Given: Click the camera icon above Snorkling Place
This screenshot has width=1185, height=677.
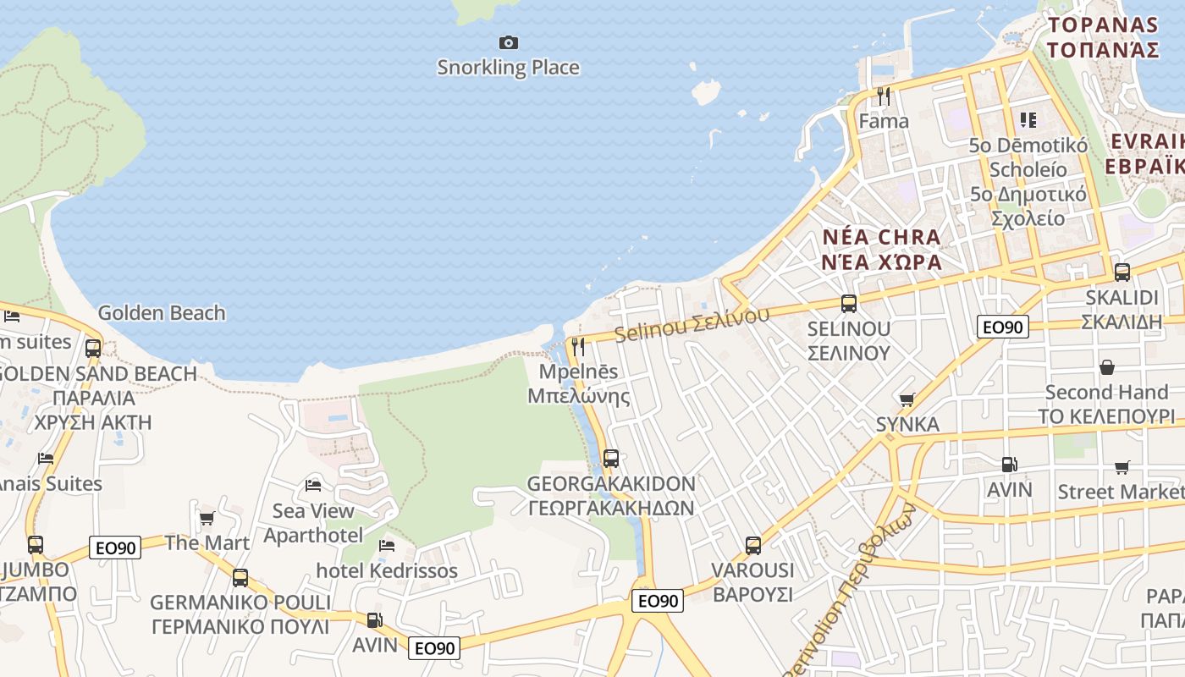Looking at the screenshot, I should (x=508, y=42).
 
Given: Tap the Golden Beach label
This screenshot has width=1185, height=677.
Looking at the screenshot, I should (x=162, y=313).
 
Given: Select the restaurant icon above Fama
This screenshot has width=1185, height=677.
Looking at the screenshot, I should (x=884, y=96).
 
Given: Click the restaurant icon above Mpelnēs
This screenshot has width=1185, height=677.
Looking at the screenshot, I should (x=578, y=346).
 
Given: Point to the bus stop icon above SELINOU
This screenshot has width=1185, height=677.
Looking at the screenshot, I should (x=848, y=304).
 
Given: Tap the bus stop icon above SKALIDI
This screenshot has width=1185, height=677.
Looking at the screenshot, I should (x=1122, y=272).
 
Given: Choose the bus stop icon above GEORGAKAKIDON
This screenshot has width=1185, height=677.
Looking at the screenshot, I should (x=610, y=459).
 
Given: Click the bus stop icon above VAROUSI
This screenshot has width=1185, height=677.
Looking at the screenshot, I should (x=752, y=546).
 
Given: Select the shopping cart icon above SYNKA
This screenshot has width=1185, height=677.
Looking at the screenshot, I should (x=907, y=399).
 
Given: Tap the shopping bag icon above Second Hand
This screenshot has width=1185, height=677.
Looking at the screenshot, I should (x=1106, y=367).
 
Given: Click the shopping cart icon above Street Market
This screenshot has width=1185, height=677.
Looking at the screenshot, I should (x=1122, y=467).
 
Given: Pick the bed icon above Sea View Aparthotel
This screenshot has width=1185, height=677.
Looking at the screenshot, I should (x=313, y=486).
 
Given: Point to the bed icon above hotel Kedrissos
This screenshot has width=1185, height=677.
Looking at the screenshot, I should (x=387, y=546).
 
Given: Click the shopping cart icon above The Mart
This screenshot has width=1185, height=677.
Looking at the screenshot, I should (x=207, y=518).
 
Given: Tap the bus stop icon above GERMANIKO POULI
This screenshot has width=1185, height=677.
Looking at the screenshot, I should (x=240, y=578).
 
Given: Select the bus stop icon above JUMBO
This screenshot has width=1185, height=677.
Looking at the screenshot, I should (x=35, y=545).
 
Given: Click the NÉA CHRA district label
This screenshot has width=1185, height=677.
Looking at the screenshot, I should (x=881, y=249).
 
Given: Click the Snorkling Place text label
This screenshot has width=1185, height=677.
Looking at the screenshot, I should (x=508, y=68).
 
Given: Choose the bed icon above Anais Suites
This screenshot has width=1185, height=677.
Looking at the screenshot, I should (x=46, y=459).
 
